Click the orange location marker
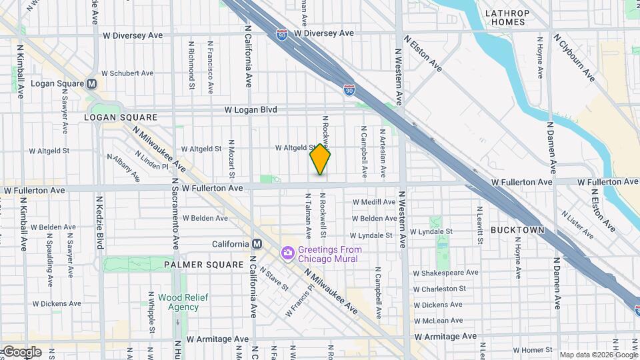(321, 159)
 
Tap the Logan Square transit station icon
(91, 83)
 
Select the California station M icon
(255, 244)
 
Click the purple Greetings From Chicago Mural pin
(287, 253)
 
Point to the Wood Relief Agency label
(179, 302)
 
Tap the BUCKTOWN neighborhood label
(518, 230)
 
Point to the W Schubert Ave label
(127, 73)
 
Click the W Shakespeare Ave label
(445, 273)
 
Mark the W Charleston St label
(439, 289)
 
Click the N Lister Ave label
(577, 225)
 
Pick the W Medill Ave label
(374, 201)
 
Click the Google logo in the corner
(21, 352)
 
